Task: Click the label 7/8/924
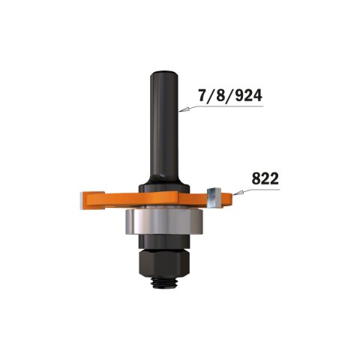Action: (229, 97)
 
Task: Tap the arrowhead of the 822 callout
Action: (236, 193)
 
